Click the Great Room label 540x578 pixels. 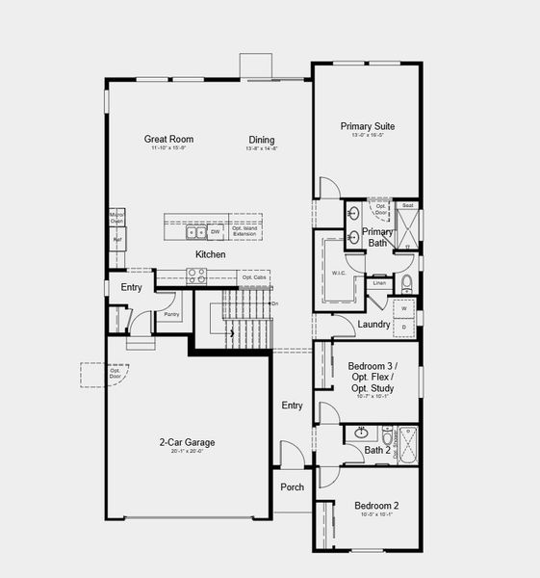[x=169, y=140]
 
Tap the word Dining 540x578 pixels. [x=261, y=140]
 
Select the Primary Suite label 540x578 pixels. [x=367, y=126]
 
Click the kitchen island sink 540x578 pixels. [x=195, y=232]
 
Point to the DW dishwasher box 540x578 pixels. [x=215, y=232]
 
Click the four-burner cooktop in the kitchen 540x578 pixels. [x=195, y=274]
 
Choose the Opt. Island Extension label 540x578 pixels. [x=244, y=232]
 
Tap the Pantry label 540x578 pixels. [x=172, y=314]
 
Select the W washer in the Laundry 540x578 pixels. [x=404, y=308]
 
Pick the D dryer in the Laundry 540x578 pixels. [x=404, y=328]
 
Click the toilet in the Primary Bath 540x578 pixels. [x=407, y=283]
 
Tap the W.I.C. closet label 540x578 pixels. [x=339, y=273]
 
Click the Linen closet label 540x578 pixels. [x=379, y=283]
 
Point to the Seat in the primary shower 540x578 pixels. [x=407, y=206]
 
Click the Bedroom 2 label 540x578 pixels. [x=376, y=506]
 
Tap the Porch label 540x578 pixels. [x=292, y=487]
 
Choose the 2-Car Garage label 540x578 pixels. [x=188, y=443]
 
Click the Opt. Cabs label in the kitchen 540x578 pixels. [x=254, y=277]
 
